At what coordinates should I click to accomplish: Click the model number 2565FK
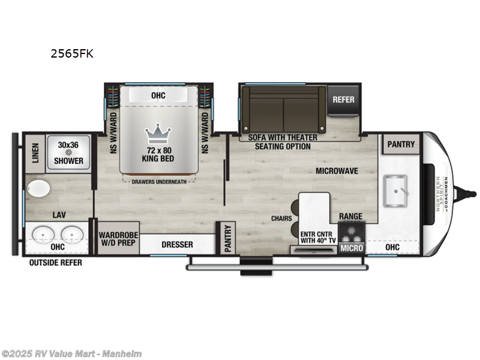click(x=71, y=53)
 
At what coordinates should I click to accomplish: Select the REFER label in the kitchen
click(x=344, y=100)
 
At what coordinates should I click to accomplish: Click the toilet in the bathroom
click(x=39, y=188)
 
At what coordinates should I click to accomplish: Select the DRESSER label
click(x=178, y=244)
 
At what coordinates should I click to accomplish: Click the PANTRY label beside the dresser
click(x=226, y=238)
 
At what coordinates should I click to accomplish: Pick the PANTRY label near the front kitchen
click(x=401, y=144)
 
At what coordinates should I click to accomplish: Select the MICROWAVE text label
click(x=337, y=171)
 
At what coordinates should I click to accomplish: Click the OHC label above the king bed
click(x=158, y=95)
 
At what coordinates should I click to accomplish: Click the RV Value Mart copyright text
click(x=71, y=353)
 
